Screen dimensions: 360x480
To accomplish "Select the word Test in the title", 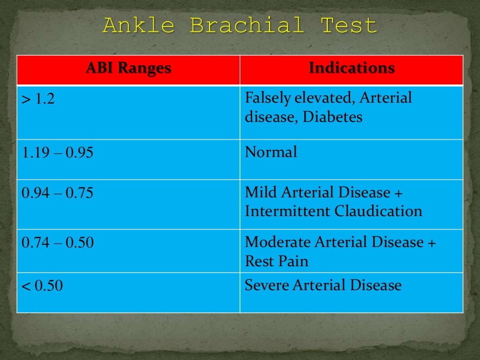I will tap(349, 25).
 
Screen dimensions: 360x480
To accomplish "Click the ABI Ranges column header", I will tap(128, 68).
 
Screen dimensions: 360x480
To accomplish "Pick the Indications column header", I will tap(352, 68).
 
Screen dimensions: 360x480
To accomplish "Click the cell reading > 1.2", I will tap(38, 100).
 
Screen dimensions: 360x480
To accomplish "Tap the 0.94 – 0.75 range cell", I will tap(57, 193).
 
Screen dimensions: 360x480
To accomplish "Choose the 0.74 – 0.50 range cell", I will tap(57, 242).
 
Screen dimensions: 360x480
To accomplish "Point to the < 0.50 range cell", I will tap(42, 286).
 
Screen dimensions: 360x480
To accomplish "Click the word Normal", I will tap(271, 152).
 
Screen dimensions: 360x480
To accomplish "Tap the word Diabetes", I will tap(332, 117).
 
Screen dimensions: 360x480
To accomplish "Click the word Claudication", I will tap(378, 211).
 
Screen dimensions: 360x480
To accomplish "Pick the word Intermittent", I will tap(288, 211).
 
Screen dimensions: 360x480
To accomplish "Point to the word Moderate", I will tap(277, 242).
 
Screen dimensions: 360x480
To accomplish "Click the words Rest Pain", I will tap(277, 261).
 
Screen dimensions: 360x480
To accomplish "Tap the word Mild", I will tap(261, 193).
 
